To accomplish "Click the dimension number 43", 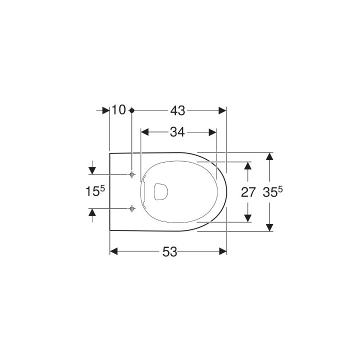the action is pos(177,111).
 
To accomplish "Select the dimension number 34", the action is pos(177,132).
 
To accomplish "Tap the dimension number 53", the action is pos(169,251).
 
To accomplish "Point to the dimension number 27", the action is pos(248,192).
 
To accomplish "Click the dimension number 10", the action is pos(118,109).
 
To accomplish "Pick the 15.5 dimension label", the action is pos(95,191).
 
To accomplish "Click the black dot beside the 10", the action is pos(132,110).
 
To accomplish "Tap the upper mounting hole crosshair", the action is pos(132,174).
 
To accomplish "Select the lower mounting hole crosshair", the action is pos(132,208).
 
